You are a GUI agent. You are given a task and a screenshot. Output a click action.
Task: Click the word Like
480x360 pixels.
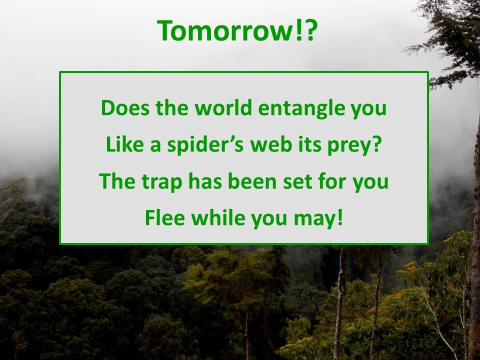pyautogui.click(x=124, y=144)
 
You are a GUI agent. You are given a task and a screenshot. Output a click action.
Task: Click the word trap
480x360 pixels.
pyautogui.click(x=161, y=182)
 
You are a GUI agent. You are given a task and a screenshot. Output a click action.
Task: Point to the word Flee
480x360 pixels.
pyautogui.click(x=164, y=217)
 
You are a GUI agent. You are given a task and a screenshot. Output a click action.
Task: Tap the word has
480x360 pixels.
pyautogui.click(x=205, y=180)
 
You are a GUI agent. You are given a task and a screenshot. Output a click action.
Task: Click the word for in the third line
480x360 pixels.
pyautogui.click(x=332, y=180)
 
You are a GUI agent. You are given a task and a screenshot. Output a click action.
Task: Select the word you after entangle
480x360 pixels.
pyautogui.click(x=368, y=110)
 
